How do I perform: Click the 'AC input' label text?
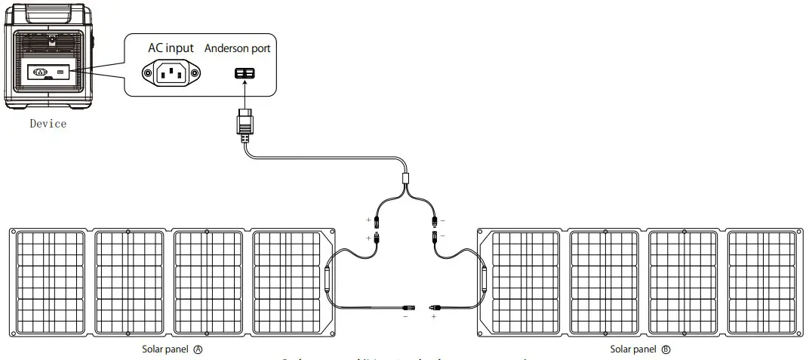click(x=171, y=48)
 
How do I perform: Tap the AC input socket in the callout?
click(x=171, y=73)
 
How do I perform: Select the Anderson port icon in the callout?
click(x=244, y=73)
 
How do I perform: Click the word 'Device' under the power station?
click(x=48, y=123)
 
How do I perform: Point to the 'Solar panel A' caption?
click(x=173, y=349)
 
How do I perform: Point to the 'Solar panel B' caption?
click(x=641, y=349)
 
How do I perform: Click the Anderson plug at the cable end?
click(x=244, y=125)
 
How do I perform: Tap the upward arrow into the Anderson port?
click(x=244, y=94)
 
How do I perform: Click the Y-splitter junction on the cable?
click(x=406, y=180)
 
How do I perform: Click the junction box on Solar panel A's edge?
click(x=327, y=279)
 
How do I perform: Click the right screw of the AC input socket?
click(x=195, y=73)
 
